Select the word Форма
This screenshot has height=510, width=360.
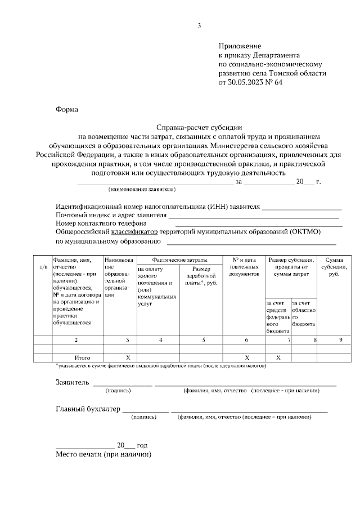tap(67, 110)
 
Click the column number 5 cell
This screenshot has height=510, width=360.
tap(204, 339)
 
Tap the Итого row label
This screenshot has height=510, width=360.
tap(83, 357)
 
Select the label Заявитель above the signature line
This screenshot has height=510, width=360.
tap(72, 383)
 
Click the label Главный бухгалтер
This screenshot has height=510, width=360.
tap(88, 409)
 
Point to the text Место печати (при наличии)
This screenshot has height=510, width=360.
tap(104, 454)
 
